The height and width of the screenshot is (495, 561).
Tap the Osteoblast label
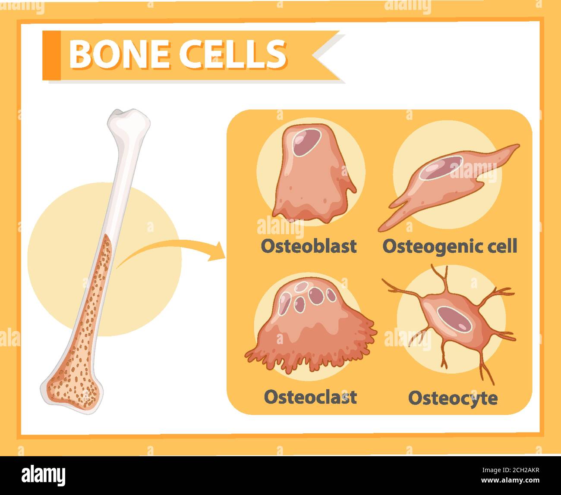(x=309, y=246)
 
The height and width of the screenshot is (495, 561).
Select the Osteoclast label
(x=310, y=397)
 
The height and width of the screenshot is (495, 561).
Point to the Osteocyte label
(x=453, y=399)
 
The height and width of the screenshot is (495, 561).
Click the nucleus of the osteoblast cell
(x=306, y=143)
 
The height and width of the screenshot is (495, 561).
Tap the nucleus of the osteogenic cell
(x=441, y=168)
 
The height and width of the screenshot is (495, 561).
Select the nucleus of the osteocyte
(x=454, y=320)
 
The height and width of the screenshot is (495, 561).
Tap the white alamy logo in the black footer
(x=44, y=476)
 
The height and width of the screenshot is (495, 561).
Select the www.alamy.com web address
(x=511, y=480)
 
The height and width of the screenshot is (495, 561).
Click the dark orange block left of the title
(x=51, y=55)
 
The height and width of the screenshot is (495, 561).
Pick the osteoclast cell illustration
(x=311, y=326)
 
